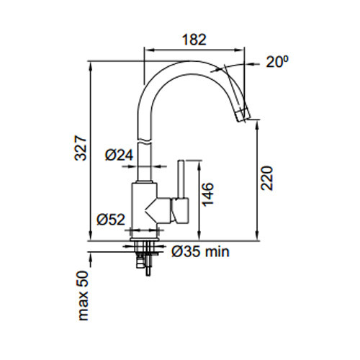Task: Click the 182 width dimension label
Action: pos(194,40)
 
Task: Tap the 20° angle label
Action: pos(277,62)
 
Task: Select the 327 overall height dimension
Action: pos(80,148)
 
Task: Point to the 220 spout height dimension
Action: pos(267,178)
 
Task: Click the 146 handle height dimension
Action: pos(208,194)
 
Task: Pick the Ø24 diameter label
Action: pos(119,155)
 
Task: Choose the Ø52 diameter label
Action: pos(111,220)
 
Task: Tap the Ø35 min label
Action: pos(200,252)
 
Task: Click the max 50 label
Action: pos(84,295)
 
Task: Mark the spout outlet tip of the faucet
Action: pos(243,116)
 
